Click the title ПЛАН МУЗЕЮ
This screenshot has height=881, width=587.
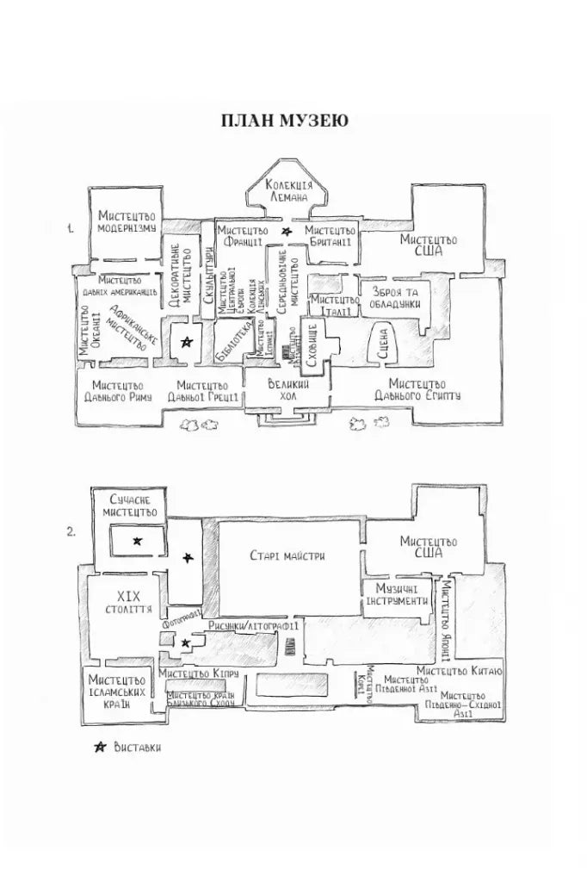click(x=284, y=121)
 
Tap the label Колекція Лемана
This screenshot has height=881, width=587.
click(x=288, y=191)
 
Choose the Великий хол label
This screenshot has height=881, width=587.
click(x=288, y=390)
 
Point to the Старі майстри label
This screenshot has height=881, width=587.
click(x=287, y=555)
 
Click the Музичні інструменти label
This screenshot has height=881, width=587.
click(x=397, y=593)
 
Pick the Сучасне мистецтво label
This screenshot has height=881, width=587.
click(x=133, y=506)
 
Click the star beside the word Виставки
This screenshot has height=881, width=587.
click(x=97, y=746)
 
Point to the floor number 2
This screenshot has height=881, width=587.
click(x=72, y=531)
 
